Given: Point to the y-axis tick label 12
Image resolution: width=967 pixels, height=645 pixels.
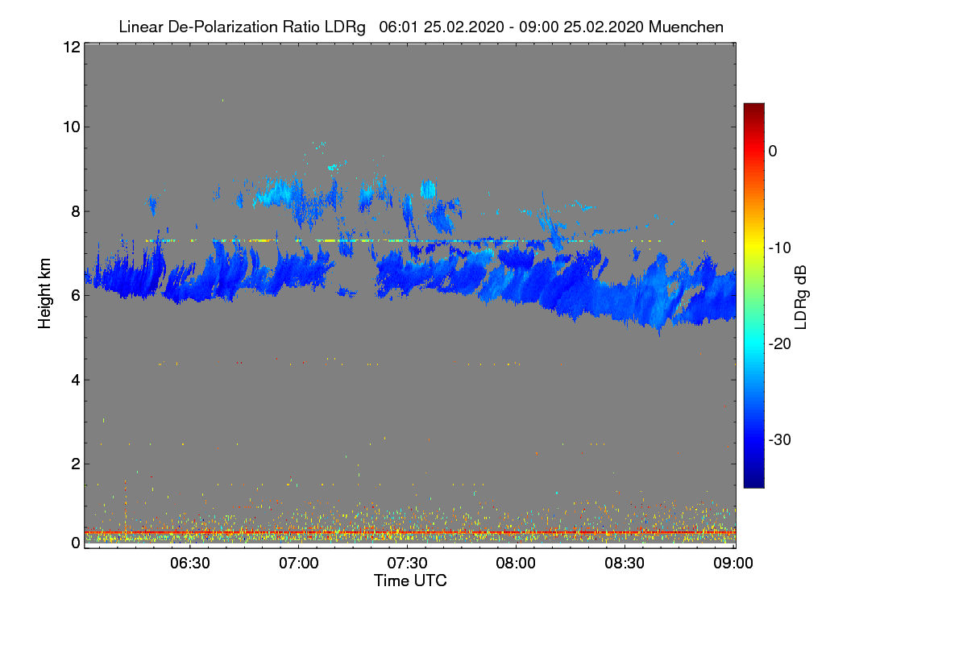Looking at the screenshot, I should coord(69,48).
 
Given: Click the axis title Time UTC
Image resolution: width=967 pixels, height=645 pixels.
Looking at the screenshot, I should coord(410,580).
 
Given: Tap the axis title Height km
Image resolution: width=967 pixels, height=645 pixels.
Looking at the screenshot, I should coord(45,293).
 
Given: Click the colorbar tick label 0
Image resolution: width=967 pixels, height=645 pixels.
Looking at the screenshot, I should coord(773,151).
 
